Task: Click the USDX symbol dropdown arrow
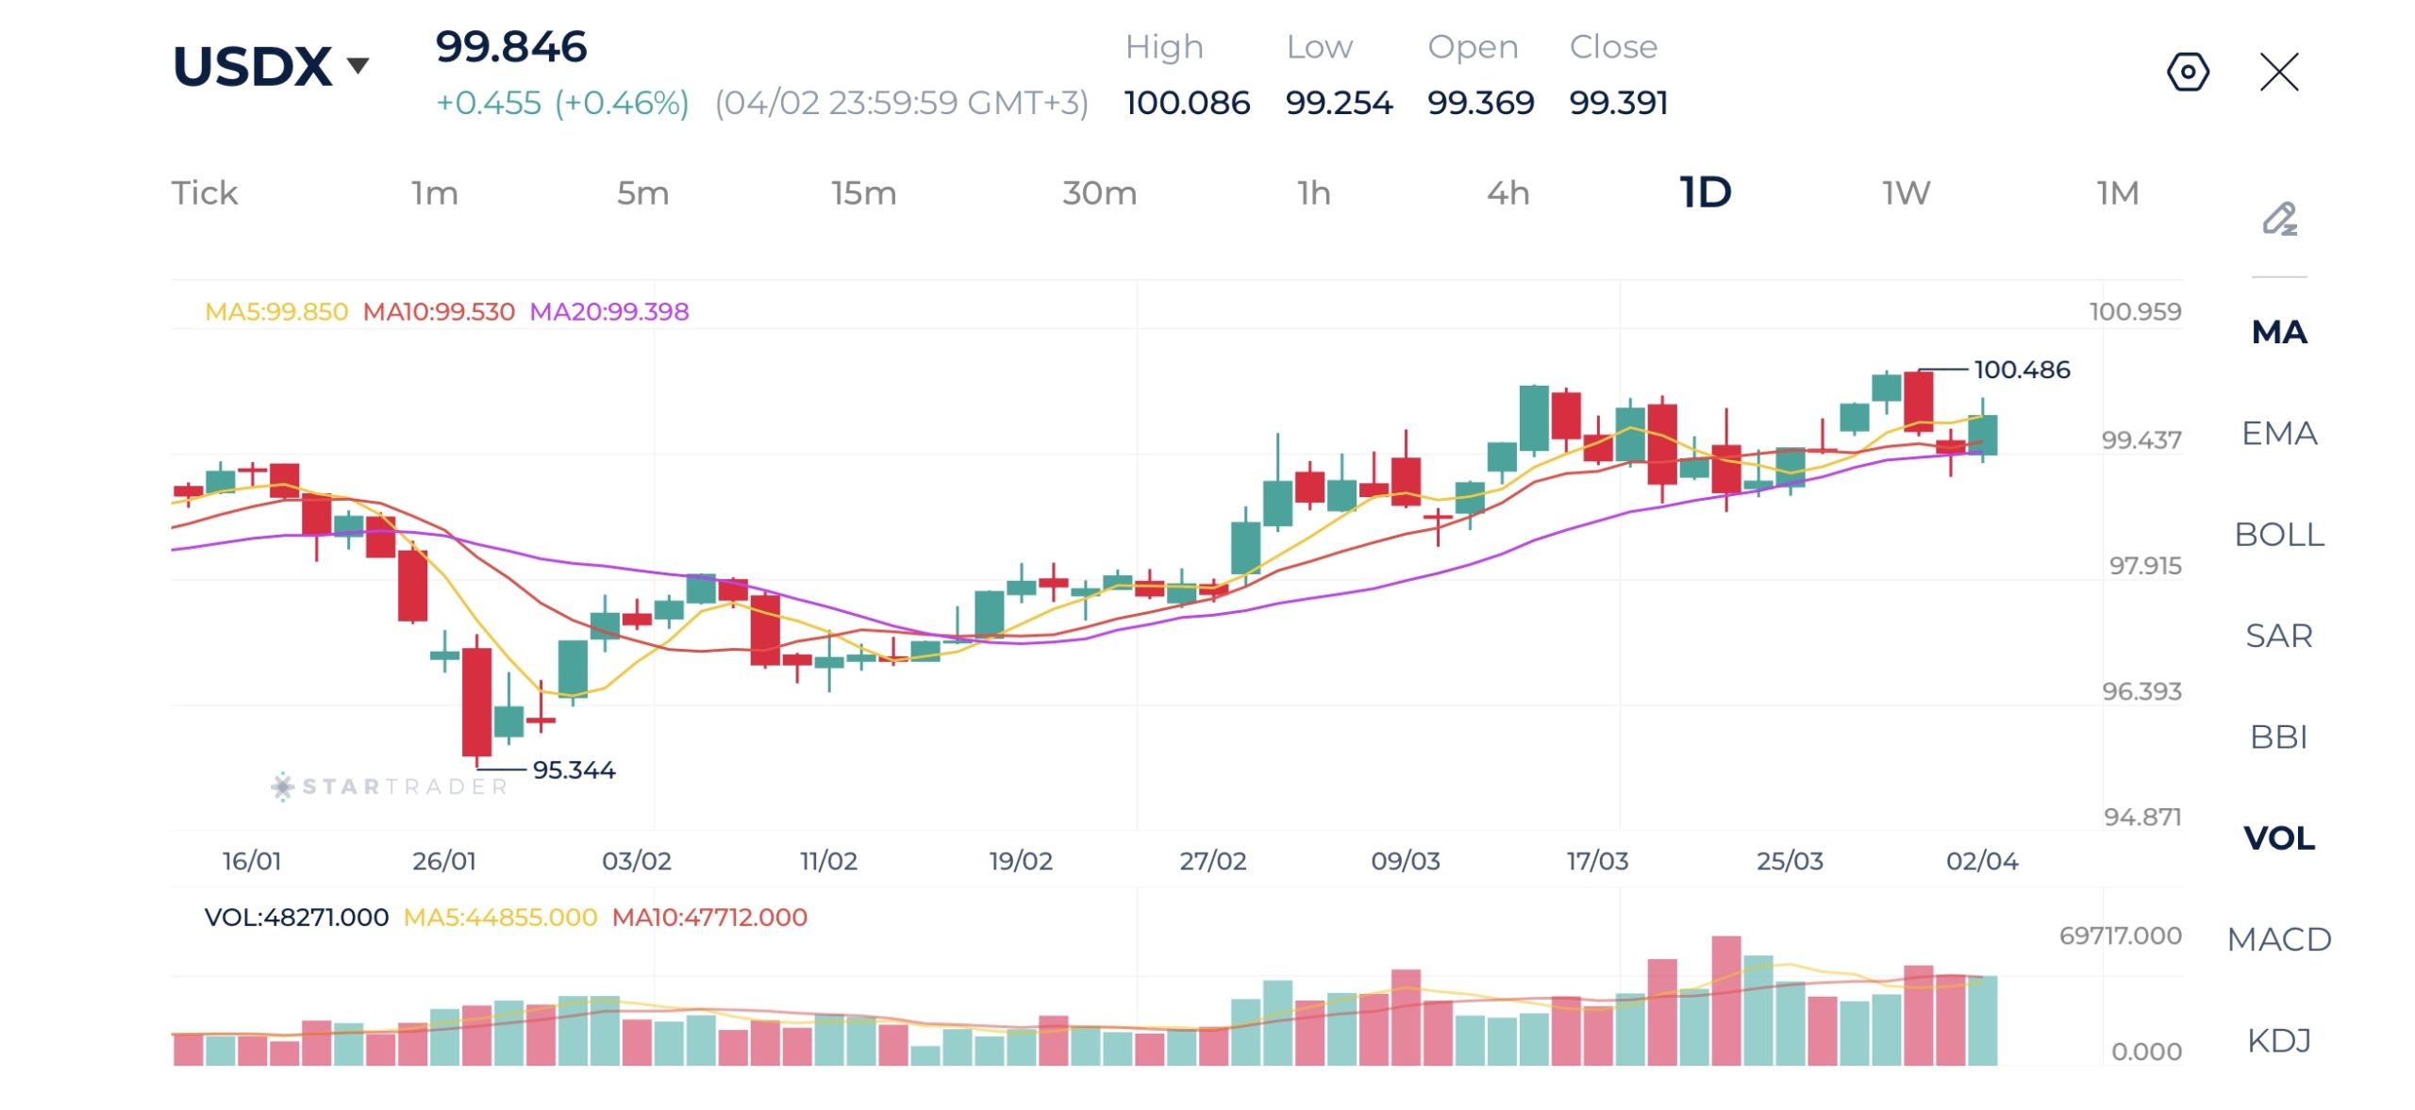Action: click(x=358, y=66)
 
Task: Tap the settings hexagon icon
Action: click(x=2188, y=72)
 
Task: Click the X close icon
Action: click(x=2279, y=72)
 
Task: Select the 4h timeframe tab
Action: click(x=1507, y=193)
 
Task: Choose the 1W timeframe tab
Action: click(x=1906, y=193)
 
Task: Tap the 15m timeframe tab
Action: click(x=863, y=193)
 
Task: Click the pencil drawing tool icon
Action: click(x=2279, y=219)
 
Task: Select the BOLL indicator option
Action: click(x=2278, y=535)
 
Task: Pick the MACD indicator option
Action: click(x=2278, y=939)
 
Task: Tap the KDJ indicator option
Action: click(x=2278, y=1040)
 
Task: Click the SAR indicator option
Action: click(x=2278, y=636)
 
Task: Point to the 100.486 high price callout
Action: click(x=2022, y=370)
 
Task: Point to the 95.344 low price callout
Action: click(x=574, y=770)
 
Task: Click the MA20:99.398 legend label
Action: click(x=608, y=311)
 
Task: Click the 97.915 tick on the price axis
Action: click(x=2144, y=566)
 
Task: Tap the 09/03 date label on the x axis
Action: click(x=1405, y=861)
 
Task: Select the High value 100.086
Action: click(x=1187, y=102)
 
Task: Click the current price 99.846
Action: click(x=511, y=47)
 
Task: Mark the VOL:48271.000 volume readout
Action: click(x=296, y=918)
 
